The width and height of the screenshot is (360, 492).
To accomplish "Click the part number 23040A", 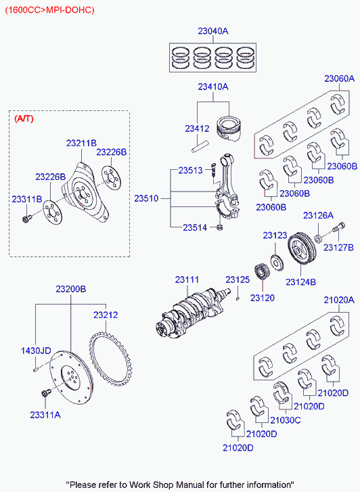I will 213,31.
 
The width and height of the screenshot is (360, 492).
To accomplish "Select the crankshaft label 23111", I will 187,279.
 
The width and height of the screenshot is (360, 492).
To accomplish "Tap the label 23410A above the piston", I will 213,87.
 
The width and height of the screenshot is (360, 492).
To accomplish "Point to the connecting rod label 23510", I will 146,198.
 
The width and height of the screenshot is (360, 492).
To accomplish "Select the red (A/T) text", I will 24,118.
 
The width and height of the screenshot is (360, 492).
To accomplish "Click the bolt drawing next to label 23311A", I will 46,393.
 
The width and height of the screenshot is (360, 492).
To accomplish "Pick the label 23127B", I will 338,248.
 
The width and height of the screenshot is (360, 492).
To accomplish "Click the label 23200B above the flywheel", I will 70,289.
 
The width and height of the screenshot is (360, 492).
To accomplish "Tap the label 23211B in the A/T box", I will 82,143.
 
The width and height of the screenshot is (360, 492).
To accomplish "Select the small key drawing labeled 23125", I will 239,296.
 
